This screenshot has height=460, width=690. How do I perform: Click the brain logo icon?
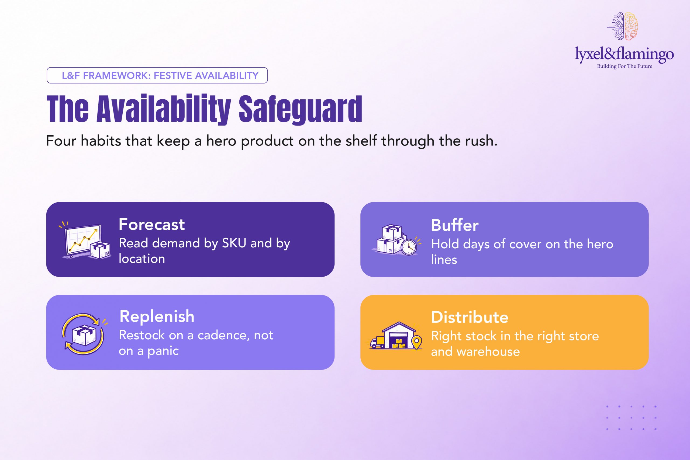pyautogui.click(x=622, y=26)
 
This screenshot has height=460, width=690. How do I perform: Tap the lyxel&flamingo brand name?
pyautogui.click(x=624, y=54)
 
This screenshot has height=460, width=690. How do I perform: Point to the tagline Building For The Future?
pyautogui.click(x=625, y=66)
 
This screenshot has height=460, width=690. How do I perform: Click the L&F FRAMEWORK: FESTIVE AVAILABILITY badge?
pyautogui.click(x=157, y=75)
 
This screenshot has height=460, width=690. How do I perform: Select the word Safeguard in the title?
pyautogui.click(x=300, y=109)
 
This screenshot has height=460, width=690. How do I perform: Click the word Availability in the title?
pyautogui.click(x=164, y=109)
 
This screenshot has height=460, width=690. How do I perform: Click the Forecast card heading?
pyautogui.click(x=151, y=224)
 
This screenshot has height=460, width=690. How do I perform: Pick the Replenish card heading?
pyautogui.click(x=157, y=316)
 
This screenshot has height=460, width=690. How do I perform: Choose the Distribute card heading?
pyautogui.click(x=470, y=317)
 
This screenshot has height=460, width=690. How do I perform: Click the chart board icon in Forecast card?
pyautogui.click(x=83, y=240)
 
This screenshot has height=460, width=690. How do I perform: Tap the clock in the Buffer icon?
pyautogui.click(x=408, y=247)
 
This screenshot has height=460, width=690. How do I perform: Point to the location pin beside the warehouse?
pyautogui.click(x=417, y=342)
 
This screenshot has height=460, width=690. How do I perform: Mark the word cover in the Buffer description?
pyautogui.click(x=526, y=244)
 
